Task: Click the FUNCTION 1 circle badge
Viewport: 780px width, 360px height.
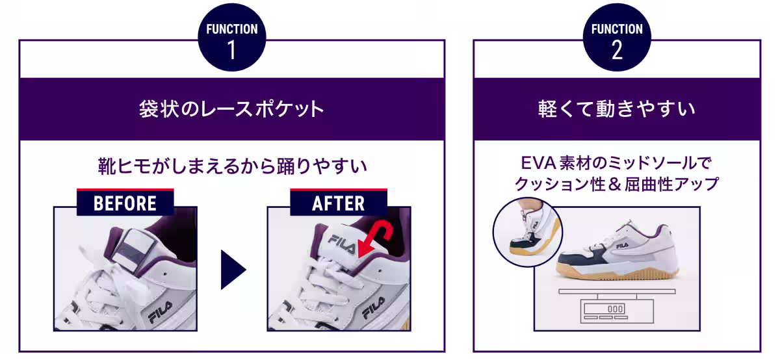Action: [232, 38]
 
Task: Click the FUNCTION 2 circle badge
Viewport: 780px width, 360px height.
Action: [617, 38]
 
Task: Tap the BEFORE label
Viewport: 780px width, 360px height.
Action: [125, 203]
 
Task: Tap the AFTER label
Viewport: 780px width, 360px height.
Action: [339, 203]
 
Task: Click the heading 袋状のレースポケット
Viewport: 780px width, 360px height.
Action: [231, 109]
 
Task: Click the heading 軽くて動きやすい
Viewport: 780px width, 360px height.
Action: [617, 109]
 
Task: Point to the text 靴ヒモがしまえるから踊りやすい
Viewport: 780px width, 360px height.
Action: [232, 166]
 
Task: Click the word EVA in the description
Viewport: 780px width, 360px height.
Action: [538, 163]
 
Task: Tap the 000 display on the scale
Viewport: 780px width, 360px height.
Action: [615, 309]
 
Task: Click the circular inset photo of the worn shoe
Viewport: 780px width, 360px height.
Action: [527, 232]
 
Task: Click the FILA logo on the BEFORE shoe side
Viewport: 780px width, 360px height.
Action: [161, 312]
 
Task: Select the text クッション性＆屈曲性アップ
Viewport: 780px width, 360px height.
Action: [617, 185]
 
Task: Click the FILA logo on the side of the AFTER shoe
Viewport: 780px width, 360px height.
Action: [374, 308]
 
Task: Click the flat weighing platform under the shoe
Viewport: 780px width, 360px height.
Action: [617, 291]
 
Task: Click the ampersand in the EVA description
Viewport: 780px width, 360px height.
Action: [616, 185]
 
